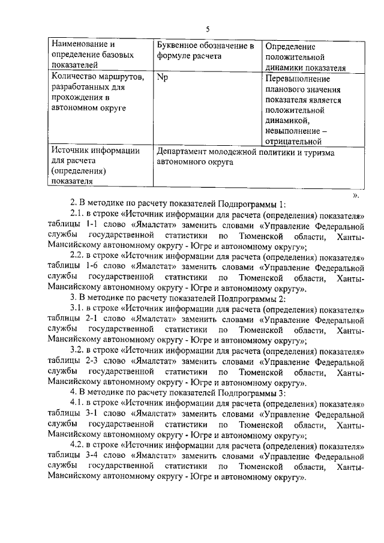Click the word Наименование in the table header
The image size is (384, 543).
(77, 45)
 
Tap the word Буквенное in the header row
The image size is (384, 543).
(178, 45)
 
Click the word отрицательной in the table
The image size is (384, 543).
(293, 142)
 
